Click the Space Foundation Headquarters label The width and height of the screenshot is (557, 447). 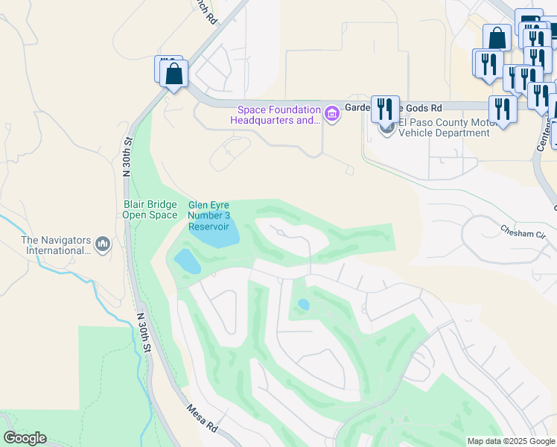click(274, 114)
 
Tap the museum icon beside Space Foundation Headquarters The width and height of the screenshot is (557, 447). click(332, 115)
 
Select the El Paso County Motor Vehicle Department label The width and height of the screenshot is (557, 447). click(444, 127)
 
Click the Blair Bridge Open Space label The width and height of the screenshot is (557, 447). click(150, 209)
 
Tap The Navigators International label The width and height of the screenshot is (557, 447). click(56, 245)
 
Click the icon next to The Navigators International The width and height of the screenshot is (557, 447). click(103, 244)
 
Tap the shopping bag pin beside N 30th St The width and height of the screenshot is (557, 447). click(174, 74)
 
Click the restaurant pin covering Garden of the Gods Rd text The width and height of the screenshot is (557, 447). click(385, 109)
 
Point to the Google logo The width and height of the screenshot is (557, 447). click(25, 438)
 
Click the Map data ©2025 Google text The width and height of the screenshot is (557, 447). click(510, 441)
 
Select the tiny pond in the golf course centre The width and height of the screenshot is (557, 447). click(303, 305)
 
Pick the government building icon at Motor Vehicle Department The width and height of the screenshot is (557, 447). click(386, 128)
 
